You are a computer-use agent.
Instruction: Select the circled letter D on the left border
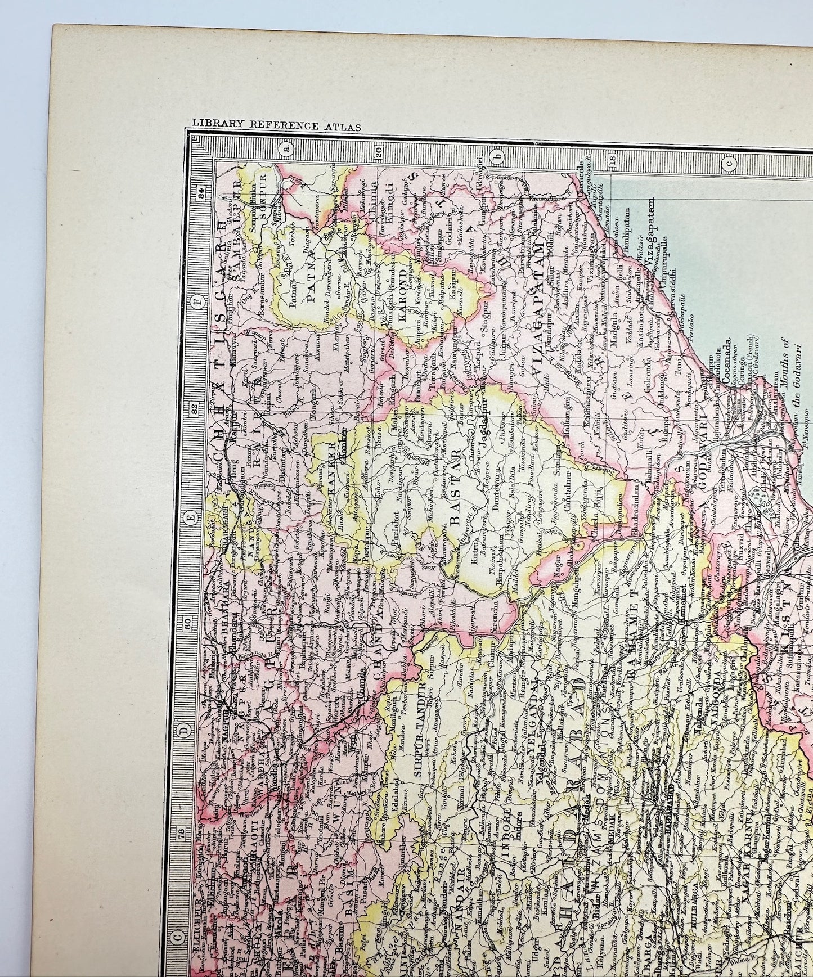[184, 730]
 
